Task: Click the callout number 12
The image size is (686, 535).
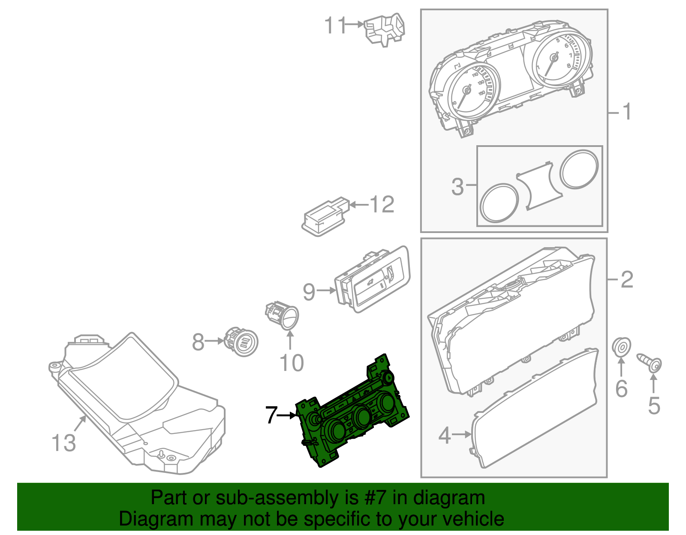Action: click(382, 205)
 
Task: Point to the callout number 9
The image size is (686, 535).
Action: click(309, 292)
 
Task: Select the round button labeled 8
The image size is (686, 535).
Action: click(241, 341)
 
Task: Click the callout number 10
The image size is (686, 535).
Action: click(292, 363)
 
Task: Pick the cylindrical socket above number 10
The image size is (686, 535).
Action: click(283, 316)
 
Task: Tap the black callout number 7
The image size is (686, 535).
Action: click(271, 415)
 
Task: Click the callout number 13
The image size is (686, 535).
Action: click(63, 442)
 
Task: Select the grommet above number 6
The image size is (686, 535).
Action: click(621, 347)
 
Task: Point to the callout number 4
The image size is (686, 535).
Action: click(445, 435)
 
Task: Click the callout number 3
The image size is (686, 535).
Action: click(457, 187)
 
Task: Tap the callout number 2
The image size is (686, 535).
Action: click(627, 280)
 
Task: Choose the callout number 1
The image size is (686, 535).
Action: click(627, 112)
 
